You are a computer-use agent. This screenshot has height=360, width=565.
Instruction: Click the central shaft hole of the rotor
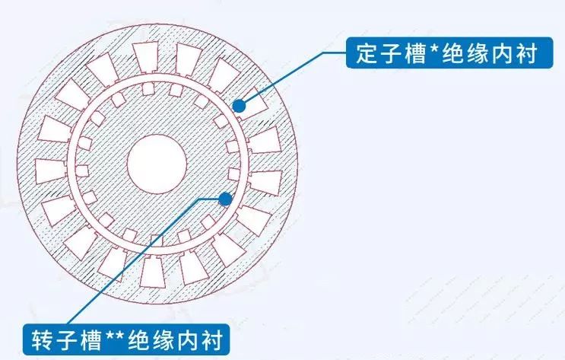(x=157, y=164)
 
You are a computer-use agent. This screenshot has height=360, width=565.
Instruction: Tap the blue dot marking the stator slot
(x=239, y=106)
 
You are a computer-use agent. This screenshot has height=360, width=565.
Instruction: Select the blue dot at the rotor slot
(x=226, y=199)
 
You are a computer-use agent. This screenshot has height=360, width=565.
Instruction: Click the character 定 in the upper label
(x=367, y=53)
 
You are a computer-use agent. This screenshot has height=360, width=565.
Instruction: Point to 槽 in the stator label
(x=415, y=53)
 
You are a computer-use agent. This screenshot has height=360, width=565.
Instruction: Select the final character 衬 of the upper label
(x=525, y=53)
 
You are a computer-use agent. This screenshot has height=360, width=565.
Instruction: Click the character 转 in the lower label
(x=42, y=339)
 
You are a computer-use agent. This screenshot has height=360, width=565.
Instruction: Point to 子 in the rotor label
(x=66, y=339)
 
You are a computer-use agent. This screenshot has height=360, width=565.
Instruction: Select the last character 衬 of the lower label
(x=211, y=339)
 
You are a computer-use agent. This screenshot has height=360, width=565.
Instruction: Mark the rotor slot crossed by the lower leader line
(x=157, y=241)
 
